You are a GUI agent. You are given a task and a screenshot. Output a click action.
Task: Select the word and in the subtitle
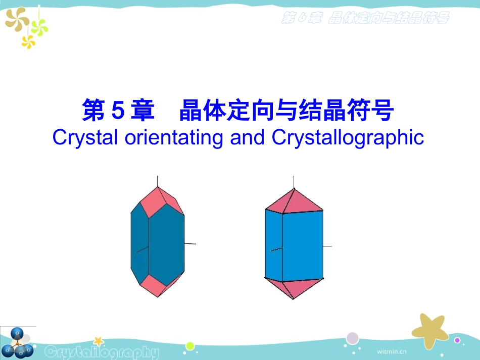click(248, 137)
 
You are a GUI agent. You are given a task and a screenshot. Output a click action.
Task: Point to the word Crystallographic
click(348, 138)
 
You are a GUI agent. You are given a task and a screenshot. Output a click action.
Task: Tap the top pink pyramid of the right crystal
click(294, 201)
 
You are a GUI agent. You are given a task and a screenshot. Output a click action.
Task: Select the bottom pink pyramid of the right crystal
click(294, 288)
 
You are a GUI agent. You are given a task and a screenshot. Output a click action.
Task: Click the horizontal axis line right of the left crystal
click(190, 244)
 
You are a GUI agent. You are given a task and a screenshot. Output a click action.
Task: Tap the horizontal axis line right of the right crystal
click(327, 246)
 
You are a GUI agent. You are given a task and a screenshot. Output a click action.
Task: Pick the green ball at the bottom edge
click(190, 346)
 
